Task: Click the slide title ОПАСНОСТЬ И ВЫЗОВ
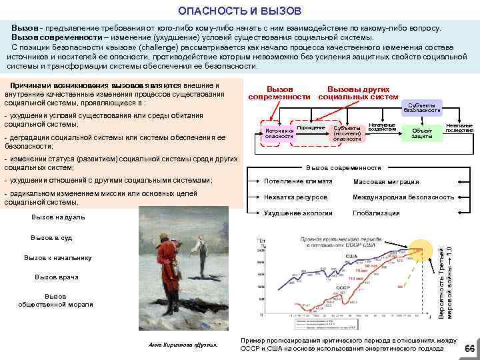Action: (x=240, y=11)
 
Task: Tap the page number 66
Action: (x=469, y=349)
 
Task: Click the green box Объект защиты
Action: (x=421, y=133)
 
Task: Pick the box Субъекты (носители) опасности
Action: (x=346, y=133)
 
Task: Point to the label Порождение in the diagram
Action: (x=311, y=127)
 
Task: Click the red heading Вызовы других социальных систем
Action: (x=353, y=93)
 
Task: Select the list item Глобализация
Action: (x=376, y=213)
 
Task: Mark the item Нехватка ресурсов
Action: (x=295, y=197)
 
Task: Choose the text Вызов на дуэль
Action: (x=59, y=217)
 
